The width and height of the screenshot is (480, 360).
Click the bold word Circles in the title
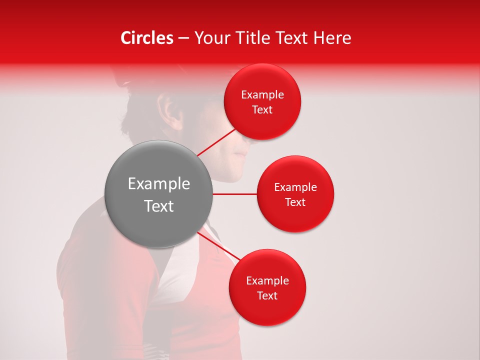[147, 38]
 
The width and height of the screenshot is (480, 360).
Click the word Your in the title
[211, 38]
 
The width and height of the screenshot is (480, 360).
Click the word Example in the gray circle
[159, 184]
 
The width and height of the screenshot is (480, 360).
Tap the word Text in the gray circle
[159, 206]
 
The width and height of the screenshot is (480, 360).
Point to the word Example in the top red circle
[262, 95]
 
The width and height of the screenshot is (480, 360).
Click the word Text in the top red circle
[262, 110]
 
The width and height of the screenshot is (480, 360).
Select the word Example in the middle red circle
[295, 187]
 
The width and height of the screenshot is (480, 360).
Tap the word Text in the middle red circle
[295, 202]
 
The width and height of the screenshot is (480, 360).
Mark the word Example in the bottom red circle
[267, 281]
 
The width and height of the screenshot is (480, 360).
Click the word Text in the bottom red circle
[267, 296]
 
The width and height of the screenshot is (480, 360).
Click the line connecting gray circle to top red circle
[216, 142]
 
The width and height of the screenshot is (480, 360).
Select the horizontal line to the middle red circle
[235, 194]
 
